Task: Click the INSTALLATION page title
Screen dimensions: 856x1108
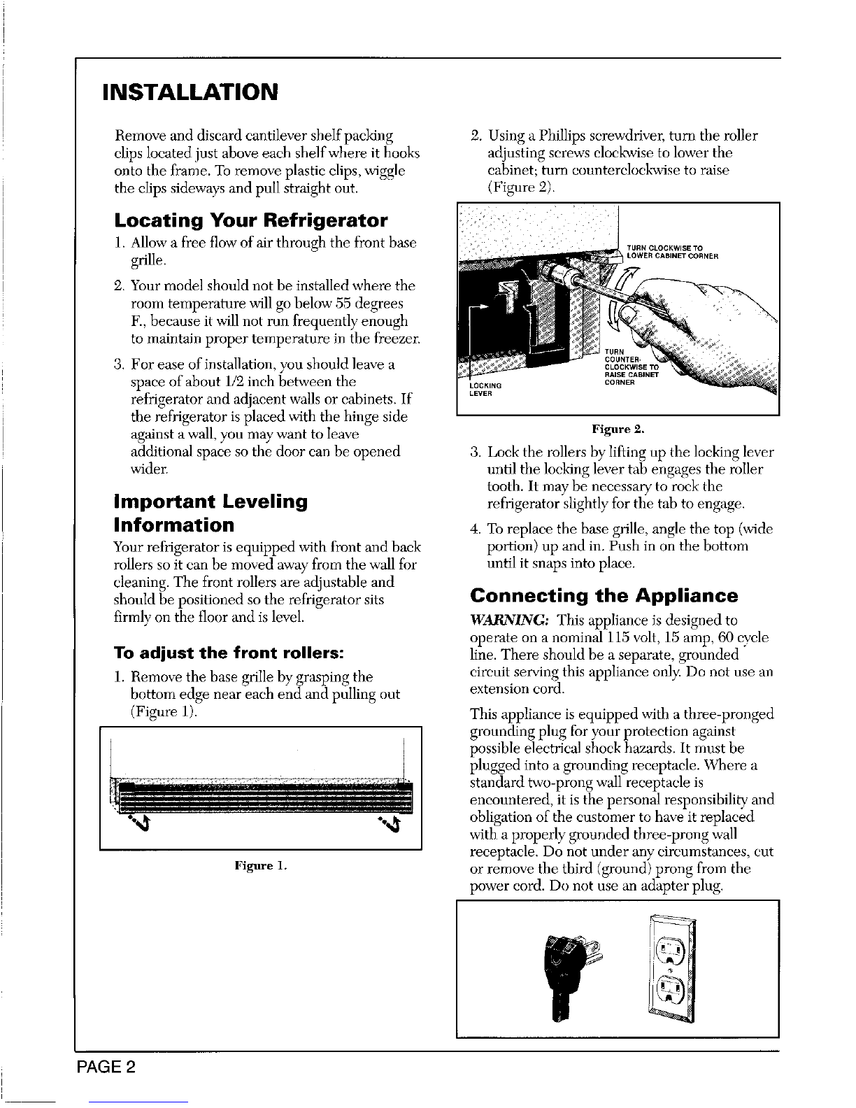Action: [x=190, y=92]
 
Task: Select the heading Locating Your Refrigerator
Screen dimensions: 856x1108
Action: [x=251, y=220]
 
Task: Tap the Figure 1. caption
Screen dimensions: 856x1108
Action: [x=261, y=865]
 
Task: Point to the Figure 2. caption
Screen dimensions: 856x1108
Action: [x=618, y=429]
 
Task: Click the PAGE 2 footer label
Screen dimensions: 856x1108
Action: [x=106, y=1067]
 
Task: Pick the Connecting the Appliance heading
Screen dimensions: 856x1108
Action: [x=604, y=595]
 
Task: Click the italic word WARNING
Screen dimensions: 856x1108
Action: [x=509, y=620]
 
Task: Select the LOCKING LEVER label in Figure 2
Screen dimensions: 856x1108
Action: [x=485, y=390]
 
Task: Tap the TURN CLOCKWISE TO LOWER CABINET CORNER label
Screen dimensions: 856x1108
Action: [x=673, y=253]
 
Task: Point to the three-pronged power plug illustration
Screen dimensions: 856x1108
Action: [x=570, y=975]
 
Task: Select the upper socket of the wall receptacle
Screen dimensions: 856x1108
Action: [x=671, y=950]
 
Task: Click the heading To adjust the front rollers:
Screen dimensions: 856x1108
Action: [x=229, y=653]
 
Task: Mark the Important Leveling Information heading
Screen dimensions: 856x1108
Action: [x=211, y=513]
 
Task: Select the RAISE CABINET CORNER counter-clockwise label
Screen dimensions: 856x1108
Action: [x=632, y=367]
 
